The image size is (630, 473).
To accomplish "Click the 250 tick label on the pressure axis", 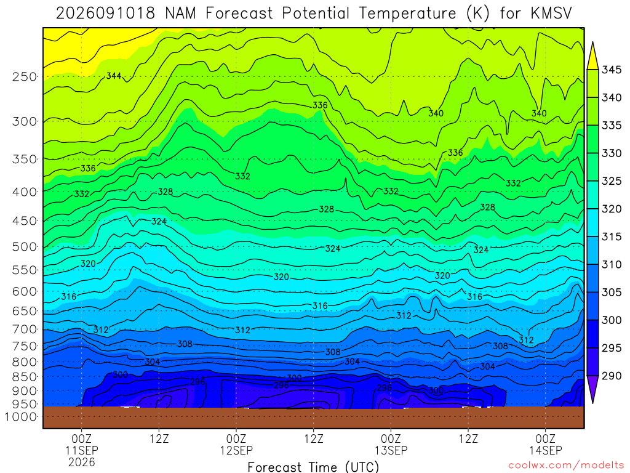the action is click(25, 76).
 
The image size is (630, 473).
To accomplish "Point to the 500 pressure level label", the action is click(25, 246).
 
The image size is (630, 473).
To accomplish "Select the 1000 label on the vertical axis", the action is click(21, 416).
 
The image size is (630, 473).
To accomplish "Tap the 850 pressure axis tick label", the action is click(25, 377).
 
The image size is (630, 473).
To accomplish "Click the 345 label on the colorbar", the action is click(611, 70).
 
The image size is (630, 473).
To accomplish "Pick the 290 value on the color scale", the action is click(611, 376).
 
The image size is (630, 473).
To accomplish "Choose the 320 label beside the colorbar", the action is click(611, 209).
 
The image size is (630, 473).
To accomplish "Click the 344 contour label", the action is click(114, 76).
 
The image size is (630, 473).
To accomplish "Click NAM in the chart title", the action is click(180, 14).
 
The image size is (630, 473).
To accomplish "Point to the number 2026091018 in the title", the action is click(105, 14).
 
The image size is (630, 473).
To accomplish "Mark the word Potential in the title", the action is click(316, 14).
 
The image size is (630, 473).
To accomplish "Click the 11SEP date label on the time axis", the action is click(82, 450).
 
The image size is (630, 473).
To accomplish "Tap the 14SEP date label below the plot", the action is click(546, 450).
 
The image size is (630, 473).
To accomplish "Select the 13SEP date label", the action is click(391, 450).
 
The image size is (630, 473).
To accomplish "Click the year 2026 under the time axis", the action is click(82, 462).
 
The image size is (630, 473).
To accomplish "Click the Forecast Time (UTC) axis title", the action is click(313, 467).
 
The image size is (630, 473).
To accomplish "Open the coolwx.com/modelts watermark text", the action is click(566, 466).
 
